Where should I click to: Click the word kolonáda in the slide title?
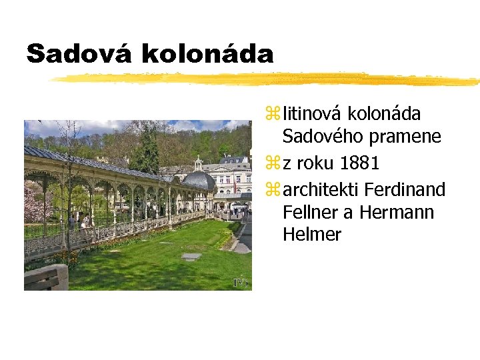tap(207, 54)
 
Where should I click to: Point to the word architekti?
tap(320, 190)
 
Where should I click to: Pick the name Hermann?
tap(397, 213)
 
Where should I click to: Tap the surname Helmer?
tap(311, 235)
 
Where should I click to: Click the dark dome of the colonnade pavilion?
tap(198, 180)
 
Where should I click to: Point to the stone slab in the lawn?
tap(191, 256)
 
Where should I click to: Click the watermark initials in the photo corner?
tap(240, 283)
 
